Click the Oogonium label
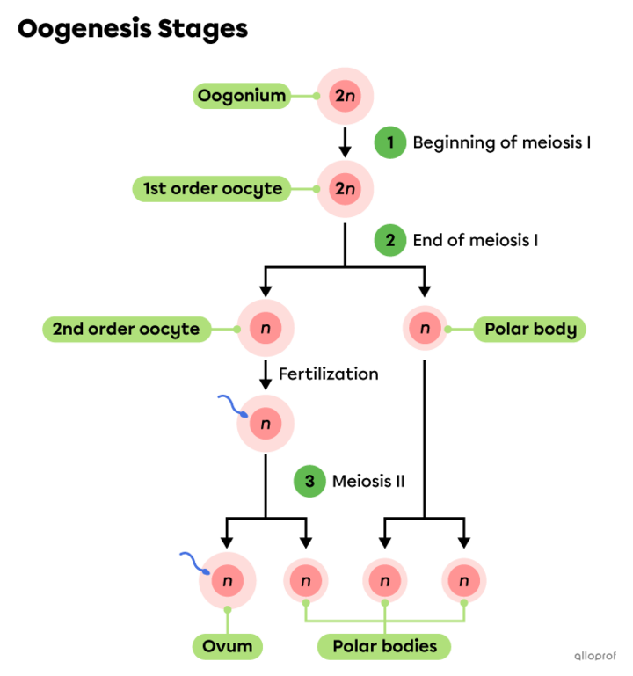242,96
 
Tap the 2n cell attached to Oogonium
345,96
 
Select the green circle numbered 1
389,142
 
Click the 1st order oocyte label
212,188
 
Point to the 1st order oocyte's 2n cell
345,188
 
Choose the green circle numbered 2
389,240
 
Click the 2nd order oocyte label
127,330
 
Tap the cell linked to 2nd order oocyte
265,329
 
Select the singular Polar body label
530,330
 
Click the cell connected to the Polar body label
425,329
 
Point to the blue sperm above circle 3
231,405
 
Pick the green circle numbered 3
309,482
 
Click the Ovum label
228,646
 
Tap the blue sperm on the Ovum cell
193,563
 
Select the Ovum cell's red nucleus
228,581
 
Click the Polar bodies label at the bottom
384,646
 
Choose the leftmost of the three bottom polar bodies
305,581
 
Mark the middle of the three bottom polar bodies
385,581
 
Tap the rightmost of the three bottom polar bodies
463,581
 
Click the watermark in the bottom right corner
595,656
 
